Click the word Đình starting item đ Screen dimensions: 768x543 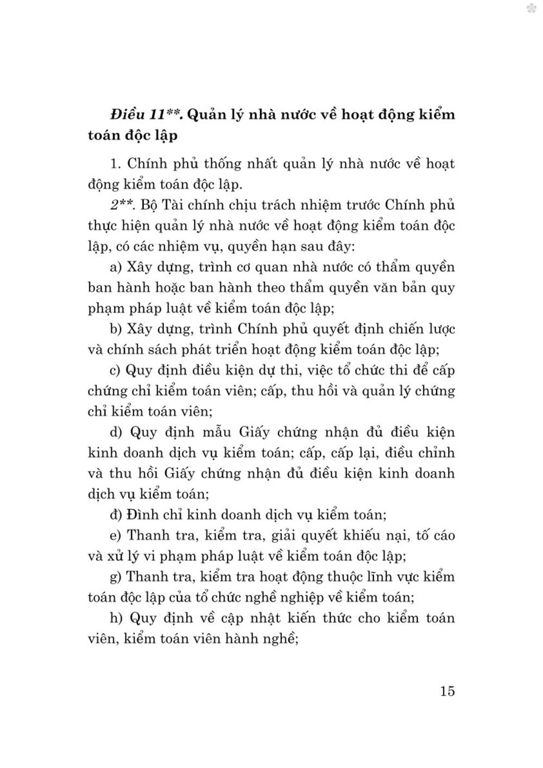[142, 514]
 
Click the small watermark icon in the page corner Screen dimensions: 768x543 [531, 8]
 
